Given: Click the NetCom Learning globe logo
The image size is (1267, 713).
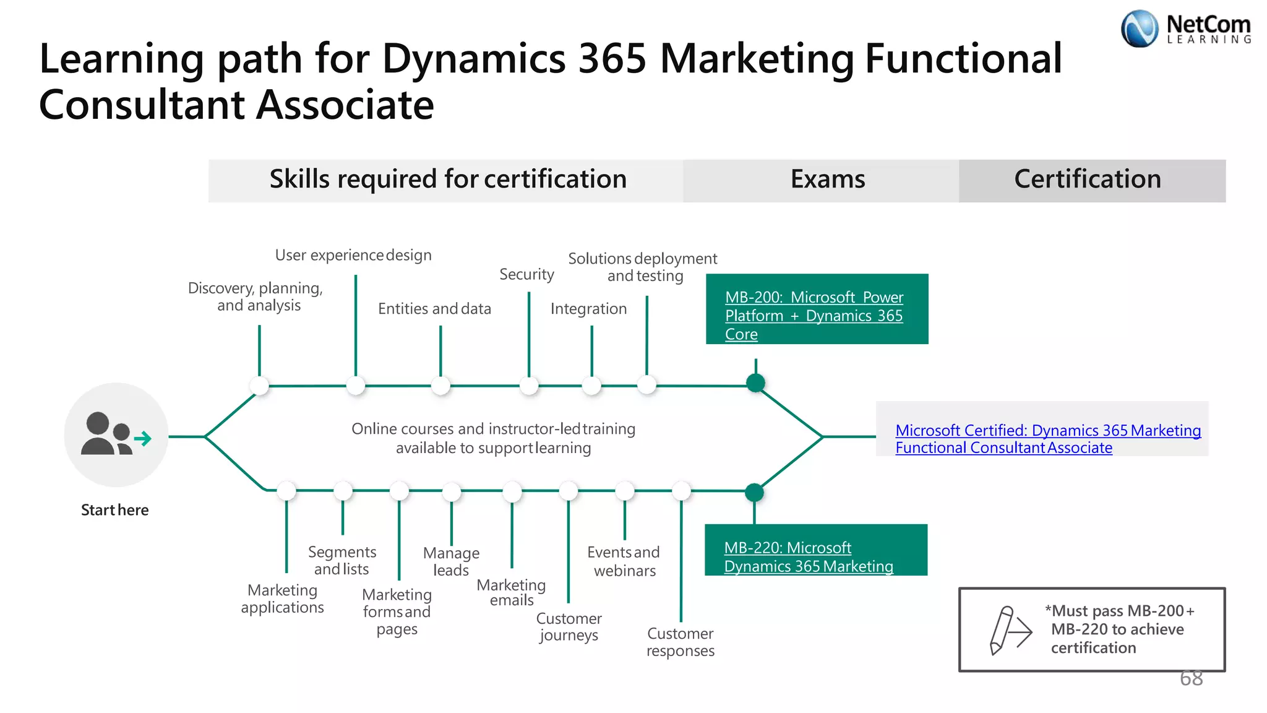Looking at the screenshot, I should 1139,28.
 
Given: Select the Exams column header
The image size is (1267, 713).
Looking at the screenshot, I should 827,179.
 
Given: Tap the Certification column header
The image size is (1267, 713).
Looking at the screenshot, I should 1087,179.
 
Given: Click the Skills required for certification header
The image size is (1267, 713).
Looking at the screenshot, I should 448,179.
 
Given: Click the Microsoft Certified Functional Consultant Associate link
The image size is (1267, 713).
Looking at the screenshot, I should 1047,439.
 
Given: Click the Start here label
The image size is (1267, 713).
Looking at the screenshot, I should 115,510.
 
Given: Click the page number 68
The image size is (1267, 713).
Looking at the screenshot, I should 1191,678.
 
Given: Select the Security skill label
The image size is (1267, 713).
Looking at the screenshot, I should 526,274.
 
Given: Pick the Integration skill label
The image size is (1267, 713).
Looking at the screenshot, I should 588,308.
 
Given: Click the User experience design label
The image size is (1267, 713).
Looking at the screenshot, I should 353,255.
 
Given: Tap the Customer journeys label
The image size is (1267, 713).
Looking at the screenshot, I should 569,626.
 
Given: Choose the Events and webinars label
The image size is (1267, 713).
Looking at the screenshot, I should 624,561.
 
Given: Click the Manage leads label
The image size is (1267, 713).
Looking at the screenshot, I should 451,561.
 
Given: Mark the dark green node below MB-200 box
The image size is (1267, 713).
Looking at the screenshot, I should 755,383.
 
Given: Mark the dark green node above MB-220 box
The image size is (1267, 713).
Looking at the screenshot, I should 754,493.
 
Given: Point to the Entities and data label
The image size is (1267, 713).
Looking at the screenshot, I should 434,308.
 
